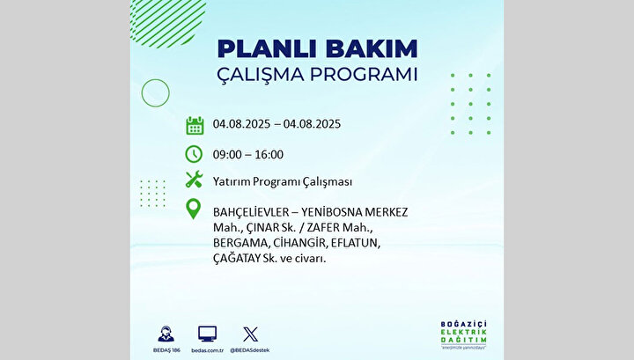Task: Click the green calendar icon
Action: coord(195,125)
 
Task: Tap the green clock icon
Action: coord(194,154)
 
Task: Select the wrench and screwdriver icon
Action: coord(194,180)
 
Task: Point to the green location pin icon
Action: coord(193,209)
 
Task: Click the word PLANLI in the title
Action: coord(268,49)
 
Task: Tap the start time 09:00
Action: coord(228,154)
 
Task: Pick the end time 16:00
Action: coord(269,154)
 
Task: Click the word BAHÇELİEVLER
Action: coord(251,212)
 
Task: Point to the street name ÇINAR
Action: coord(258,227)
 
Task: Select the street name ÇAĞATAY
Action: coord(237,259)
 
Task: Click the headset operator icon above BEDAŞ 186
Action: coord(166,334)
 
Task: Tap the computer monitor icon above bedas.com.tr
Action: coord(208,334)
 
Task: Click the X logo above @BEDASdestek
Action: coord(250,334)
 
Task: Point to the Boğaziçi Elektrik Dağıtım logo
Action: coord(463,335)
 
